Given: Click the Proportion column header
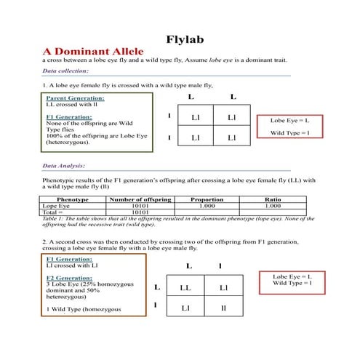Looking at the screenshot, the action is coord(207,199).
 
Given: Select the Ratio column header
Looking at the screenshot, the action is coord(273,199).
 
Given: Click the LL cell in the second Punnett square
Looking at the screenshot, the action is coord(185,288).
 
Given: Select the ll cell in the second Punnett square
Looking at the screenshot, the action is coord(225,308).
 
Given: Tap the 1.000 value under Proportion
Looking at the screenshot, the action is coord(207,205).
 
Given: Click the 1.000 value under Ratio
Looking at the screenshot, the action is coord(273,205).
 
